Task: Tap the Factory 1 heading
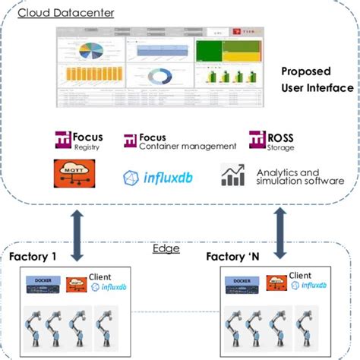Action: (33, 257)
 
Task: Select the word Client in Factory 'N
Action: (300, 276)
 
